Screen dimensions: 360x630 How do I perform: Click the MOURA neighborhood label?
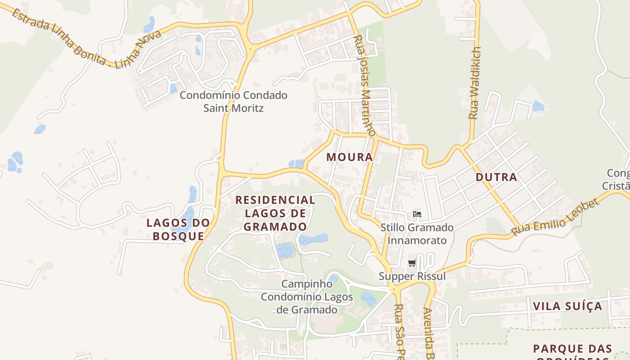point(350,157)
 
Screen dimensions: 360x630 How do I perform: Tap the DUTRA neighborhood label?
point(496,177)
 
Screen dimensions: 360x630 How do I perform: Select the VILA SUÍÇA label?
point(567,306)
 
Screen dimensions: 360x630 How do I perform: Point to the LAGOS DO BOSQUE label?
point(178,229)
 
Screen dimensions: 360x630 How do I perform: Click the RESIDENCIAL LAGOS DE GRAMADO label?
point(275,213)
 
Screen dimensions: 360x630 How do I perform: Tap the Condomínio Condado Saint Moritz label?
point(233,102)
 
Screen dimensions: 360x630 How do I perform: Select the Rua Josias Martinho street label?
point(365,85)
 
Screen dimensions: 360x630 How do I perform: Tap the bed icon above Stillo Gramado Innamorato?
point(417,214)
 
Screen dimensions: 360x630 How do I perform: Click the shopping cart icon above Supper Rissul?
point(412,263)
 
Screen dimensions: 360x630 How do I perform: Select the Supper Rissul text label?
point(412,276)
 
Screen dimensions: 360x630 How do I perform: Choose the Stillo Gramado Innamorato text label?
point(417,234)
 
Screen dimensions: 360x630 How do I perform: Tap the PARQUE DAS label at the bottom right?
point(572,349)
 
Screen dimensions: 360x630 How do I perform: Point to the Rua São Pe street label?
point(399,331)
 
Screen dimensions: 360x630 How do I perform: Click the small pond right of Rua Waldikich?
point(538,107)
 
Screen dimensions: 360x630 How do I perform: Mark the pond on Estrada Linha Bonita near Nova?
point(149,24)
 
